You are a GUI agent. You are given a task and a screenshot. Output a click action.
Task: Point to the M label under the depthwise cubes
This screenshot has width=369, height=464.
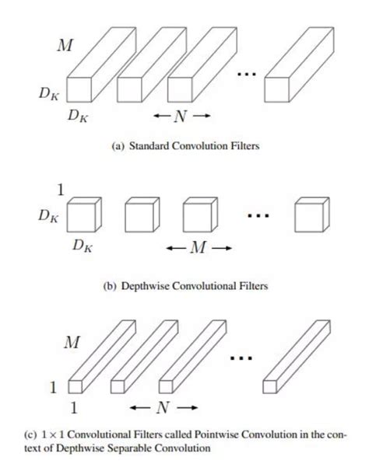coord(199,249)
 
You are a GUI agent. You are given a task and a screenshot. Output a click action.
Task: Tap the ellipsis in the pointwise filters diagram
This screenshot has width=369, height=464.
coord(243,359)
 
